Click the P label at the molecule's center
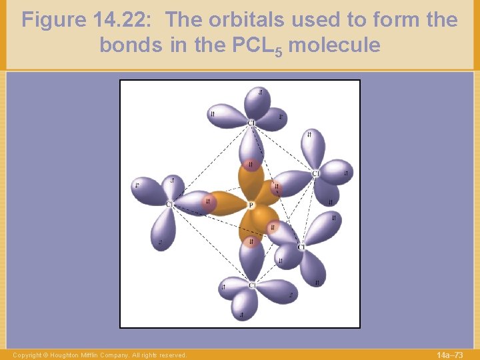pos(251,205)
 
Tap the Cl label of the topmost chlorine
pos(251,123)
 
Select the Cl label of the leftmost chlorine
pos(169,204)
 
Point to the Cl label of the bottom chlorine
pos(252,285)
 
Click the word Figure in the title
pos(53,20)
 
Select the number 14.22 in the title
pos(124,20)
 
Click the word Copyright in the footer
pos(27,355)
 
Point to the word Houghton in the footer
pos(67,355)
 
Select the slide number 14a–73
pos(449,355)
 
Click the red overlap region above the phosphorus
pos(251,164)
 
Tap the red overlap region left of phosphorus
pos(209,202)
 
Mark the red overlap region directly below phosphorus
pos(251,242)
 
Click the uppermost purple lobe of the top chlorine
pos(257,100)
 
